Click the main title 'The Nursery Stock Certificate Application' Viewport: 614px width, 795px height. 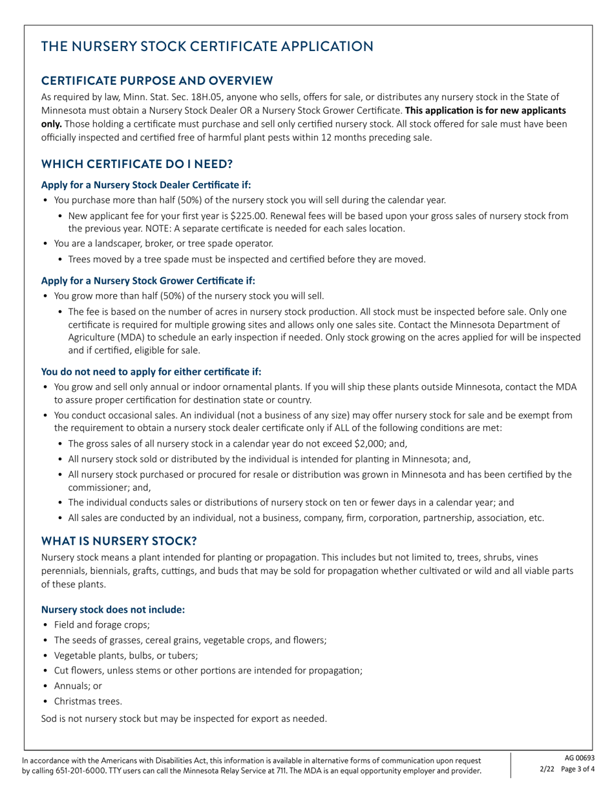tap(207, 47)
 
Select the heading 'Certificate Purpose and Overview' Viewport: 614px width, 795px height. tap(157, 80)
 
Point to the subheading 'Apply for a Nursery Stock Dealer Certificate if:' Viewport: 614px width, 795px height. tap(142, 185)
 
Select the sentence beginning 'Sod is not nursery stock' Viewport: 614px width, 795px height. tap(184, 718)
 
